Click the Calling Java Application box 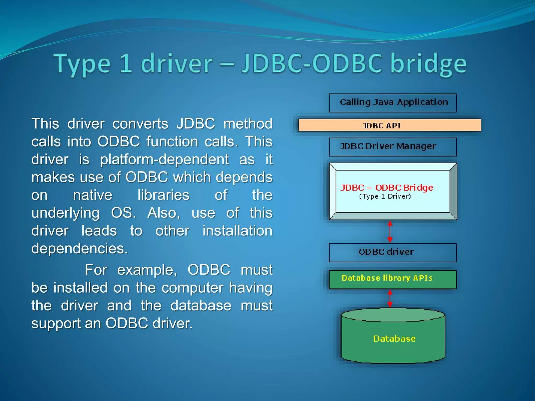pos(393,103)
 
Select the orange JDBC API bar pos(389,125)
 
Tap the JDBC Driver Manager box pos(393,147)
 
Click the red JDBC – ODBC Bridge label pos(386,187)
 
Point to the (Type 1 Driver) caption pos(385,196)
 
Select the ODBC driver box pos(393,252)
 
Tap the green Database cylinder pos(393,338)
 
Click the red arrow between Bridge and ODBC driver pos(390,232)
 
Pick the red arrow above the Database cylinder pos(390,298)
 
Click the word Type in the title pos(82,64)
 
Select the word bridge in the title pos(428,64)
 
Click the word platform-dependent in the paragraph pos(165,159)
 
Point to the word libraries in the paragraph pos(163,195)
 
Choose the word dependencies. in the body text pos(80,248)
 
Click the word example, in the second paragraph pos(147,270)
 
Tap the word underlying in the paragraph pos(66,213)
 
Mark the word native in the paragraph pos(92,195)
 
